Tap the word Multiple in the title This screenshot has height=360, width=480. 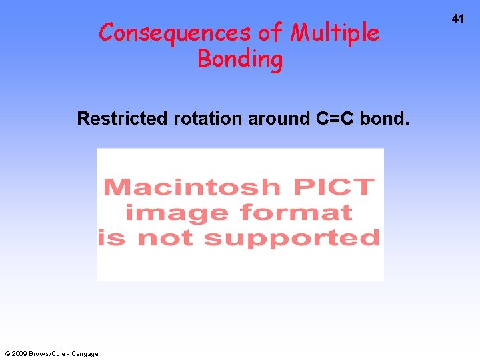point(335,33)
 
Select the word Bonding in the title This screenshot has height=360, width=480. point(240,59)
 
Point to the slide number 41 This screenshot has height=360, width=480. point(457,19)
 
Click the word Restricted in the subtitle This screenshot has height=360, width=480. point(123,119)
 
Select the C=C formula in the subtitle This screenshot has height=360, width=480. point(335,119)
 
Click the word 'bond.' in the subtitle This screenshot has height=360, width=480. point(385,119)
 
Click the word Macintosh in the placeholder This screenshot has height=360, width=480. point(192,187)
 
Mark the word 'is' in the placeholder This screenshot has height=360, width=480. point(111,237)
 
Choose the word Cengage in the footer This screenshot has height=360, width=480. point(85,354)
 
